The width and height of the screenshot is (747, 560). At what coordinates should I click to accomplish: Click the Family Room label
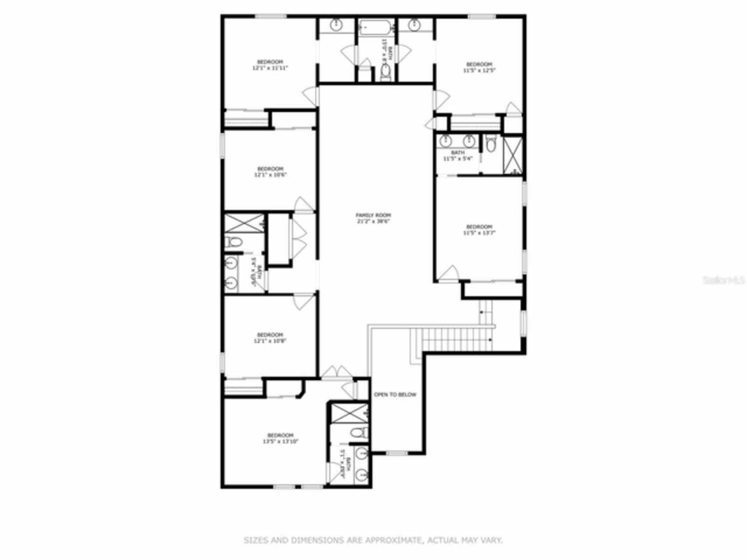pos(373,215)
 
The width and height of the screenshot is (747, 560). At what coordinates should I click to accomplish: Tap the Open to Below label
pos(395,395)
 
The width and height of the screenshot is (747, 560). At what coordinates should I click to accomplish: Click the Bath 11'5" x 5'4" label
pos(458,156)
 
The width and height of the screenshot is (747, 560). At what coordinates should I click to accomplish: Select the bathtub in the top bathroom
pos(376,26)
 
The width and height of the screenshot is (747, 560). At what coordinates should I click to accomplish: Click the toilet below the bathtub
pos(386,71)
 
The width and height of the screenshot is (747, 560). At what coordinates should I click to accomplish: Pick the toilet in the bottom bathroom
pos(361,432)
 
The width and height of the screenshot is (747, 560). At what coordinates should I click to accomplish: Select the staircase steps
pos(449,340)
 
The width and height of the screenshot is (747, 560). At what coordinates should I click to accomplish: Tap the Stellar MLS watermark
pos(724,280)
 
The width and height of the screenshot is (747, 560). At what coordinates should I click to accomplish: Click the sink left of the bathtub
pos(337,24)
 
